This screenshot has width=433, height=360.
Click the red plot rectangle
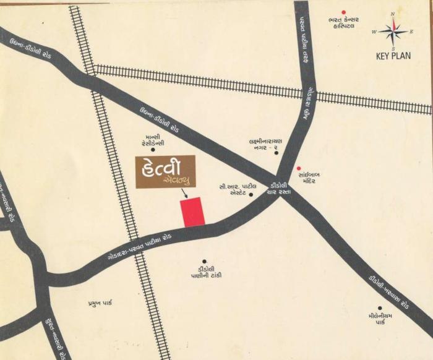(192, 212)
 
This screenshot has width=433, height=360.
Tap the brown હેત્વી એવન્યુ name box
(165, 171)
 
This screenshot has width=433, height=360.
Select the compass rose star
(392, 31)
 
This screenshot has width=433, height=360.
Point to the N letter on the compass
(392, 14)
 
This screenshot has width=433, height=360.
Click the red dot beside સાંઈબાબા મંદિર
(299, 168)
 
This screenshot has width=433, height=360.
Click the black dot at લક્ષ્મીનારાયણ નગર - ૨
(276, 152)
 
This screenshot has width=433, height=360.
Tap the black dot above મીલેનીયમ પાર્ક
(380, 308)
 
